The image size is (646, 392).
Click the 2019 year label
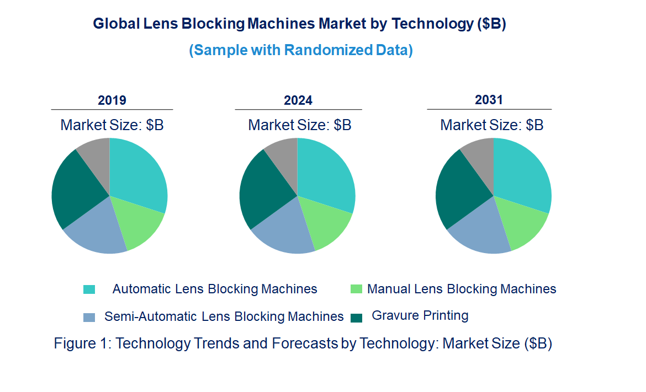point(112,100)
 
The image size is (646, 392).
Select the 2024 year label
point(298,100)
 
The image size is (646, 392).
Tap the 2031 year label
point(489,100)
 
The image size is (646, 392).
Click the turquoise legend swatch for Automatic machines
point(89,289)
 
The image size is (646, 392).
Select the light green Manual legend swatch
point(357,289)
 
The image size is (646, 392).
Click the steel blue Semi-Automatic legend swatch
point(89,317)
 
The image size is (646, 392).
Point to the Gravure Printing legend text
point(420,316)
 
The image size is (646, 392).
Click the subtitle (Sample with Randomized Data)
point(301,50)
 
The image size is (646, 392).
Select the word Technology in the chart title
point(432,24)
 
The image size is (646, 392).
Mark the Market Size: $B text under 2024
point(299,125)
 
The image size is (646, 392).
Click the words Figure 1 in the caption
point(81,343)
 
